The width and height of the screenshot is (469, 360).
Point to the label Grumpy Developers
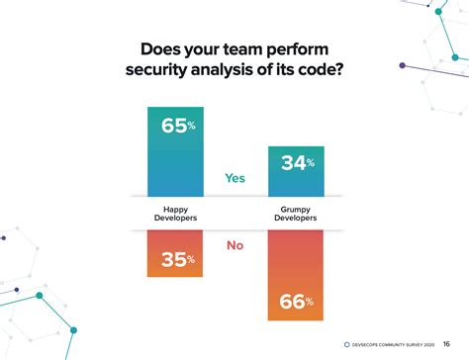(x=296, y=215)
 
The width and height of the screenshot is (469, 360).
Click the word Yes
(x=234, y=180)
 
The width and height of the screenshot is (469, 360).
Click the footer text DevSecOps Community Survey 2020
(x=396, y=344)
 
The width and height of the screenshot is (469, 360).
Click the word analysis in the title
(x=237, y=70)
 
